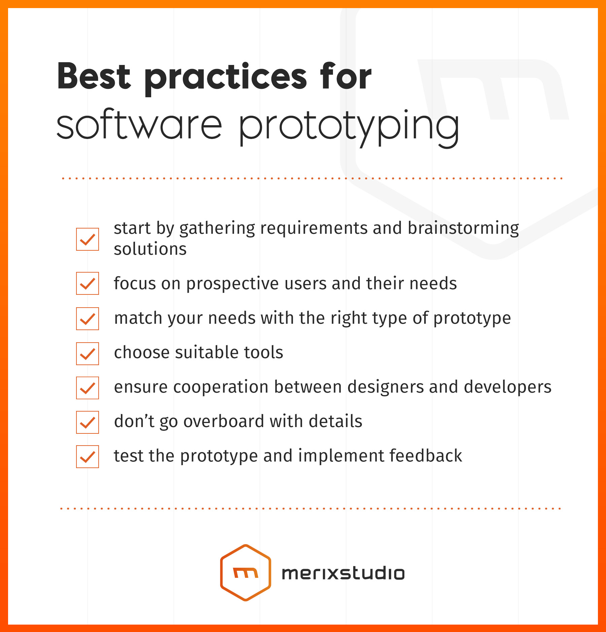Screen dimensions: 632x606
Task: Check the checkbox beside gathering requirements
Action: [x=88, y=239]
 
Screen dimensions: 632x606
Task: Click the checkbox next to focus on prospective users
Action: [x=88, y=283]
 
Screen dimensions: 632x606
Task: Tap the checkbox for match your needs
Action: [x=88, y=319]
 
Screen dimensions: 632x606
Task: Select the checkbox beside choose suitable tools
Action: [x=88, y=354]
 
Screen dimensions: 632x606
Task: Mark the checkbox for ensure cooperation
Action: [x=88, y=388]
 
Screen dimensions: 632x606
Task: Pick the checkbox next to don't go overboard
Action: [x=88, y=422]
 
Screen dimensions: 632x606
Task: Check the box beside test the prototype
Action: [x=88, y=457]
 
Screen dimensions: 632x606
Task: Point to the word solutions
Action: [x=150, y=249]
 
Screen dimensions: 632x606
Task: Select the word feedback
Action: [x=426, y=456]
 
